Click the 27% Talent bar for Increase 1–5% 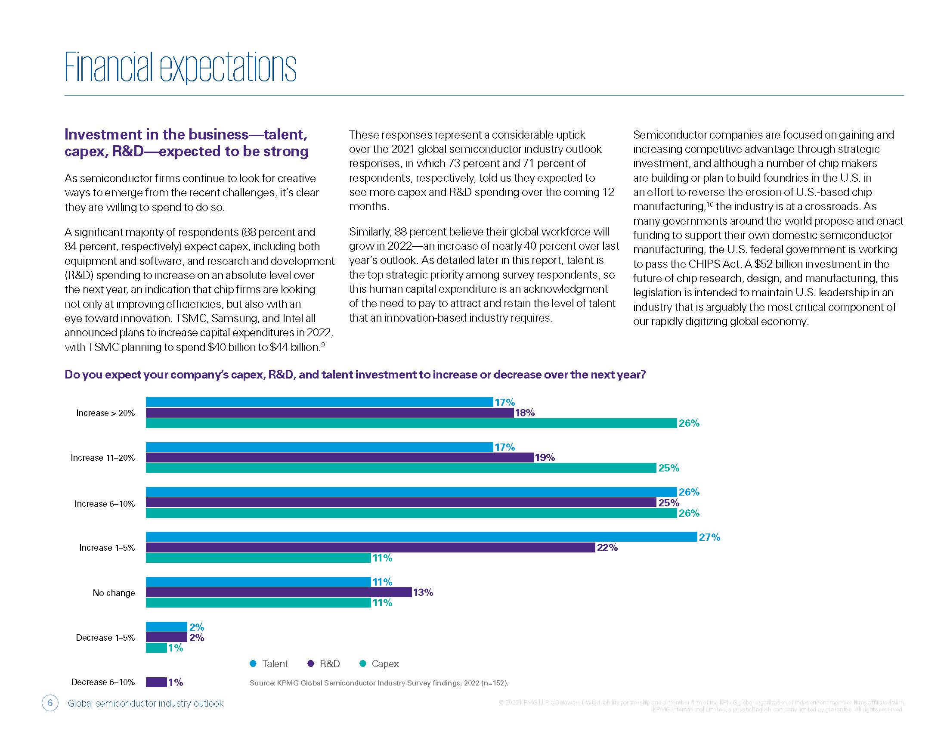pyautogui.click(x=421, y=537)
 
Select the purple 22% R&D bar pyautogui.click(x=370, y=547)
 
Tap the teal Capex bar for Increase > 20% pyautogui.click(x=411, y=423)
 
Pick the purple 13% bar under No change pyautogui.click(x=279, y=592)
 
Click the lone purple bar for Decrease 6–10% pyautogui.click(x=156, y=682)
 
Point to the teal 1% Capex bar pyautogui.click(x=156, y=648)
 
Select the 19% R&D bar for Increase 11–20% pyautogui.click(x=340, y=457)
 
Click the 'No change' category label pyautogui.click(x=114, y=593)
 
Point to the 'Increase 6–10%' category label pyautogui.click(x=105, y=504)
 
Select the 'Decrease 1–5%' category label pyautogui.click(x=105, y=637)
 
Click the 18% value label pyautogui.click(x=525, y=413)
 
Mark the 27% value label pyautogui.click(x=709, y=537)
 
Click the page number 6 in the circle pyautogui.click(x=50, y=703)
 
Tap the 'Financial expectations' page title pyautogui.click(x=180, y=67)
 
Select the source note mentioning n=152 pyautogui.click(x=378, y=683)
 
